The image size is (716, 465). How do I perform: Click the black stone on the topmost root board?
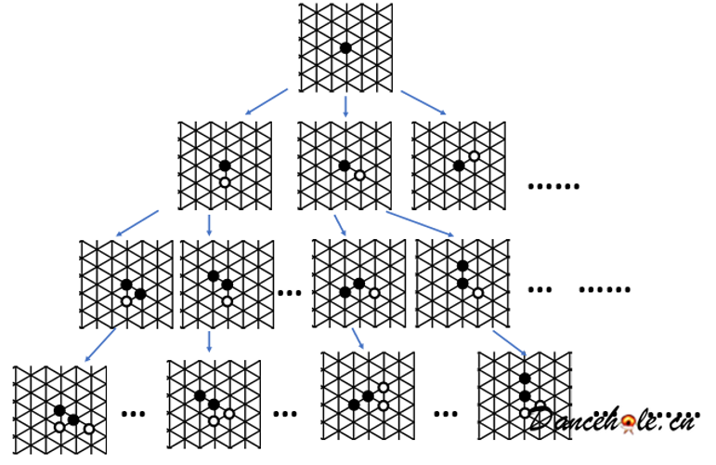coord(345,47)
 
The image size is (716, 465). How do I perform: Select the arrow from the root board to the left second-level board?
coord(266,101)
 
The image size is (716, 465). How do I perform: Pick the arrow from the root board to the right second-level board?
coord(423,102)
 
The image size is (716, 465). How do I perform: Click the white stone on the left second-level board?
coord(225,182)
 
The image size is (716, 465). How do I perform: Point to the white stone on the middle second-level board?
coord(359,175)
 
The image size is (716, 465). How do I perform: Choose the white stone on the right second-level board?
coord(474,156)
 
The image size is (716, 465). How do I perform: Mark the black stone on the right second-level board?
coord(459,166)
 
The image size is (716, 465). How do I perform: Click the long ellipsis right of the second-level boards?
coord(553,187)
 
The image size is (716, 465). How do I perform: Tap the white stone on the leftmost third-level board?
coord(126,301)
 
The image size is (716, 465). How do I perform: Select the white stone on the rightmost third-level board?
coord(477,293)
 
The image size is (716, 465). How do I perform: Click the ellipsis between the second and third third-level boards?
coord(290,293)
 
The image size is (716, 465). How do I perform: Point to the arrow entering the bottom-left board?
coord(99,344)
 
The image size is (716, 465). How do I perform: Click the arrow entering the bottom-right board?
coord(509,341)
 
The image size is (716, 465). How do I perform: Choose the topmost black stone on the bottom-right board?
coord(525,379)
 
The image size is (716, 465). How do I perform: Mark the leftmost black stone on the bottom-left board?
coord(59,410)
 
